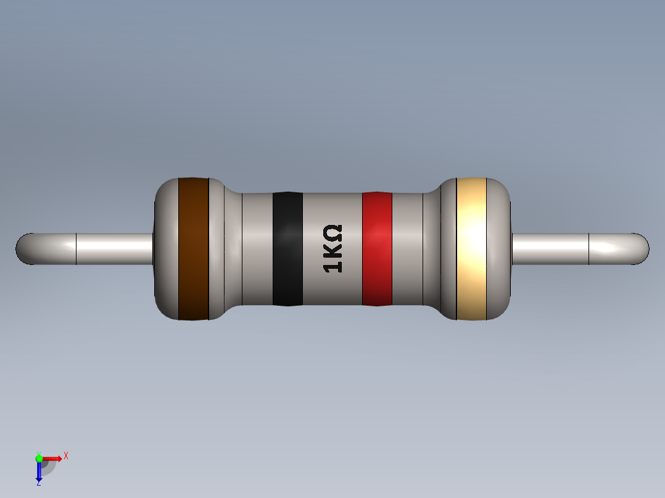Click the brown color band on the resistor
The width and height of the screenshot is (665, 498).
193,249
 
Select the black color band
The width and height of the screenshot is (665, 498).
287,249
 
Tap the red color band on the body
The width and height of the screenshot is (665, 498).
377,249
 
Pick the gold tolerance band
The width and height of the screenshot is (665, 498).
471,249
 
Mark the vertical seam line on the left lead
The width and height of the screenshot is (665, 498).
76,249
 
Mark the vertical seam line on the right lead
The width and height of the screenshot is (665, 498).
589,249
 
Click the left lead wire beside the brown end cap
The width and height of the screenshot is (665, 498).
117,249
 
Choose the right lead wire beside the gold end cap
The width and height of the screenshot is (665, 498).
549,249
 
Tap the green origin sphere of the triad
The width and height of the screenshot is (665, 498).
39,458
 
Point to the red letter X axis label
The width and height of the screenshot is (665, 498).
66,456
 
